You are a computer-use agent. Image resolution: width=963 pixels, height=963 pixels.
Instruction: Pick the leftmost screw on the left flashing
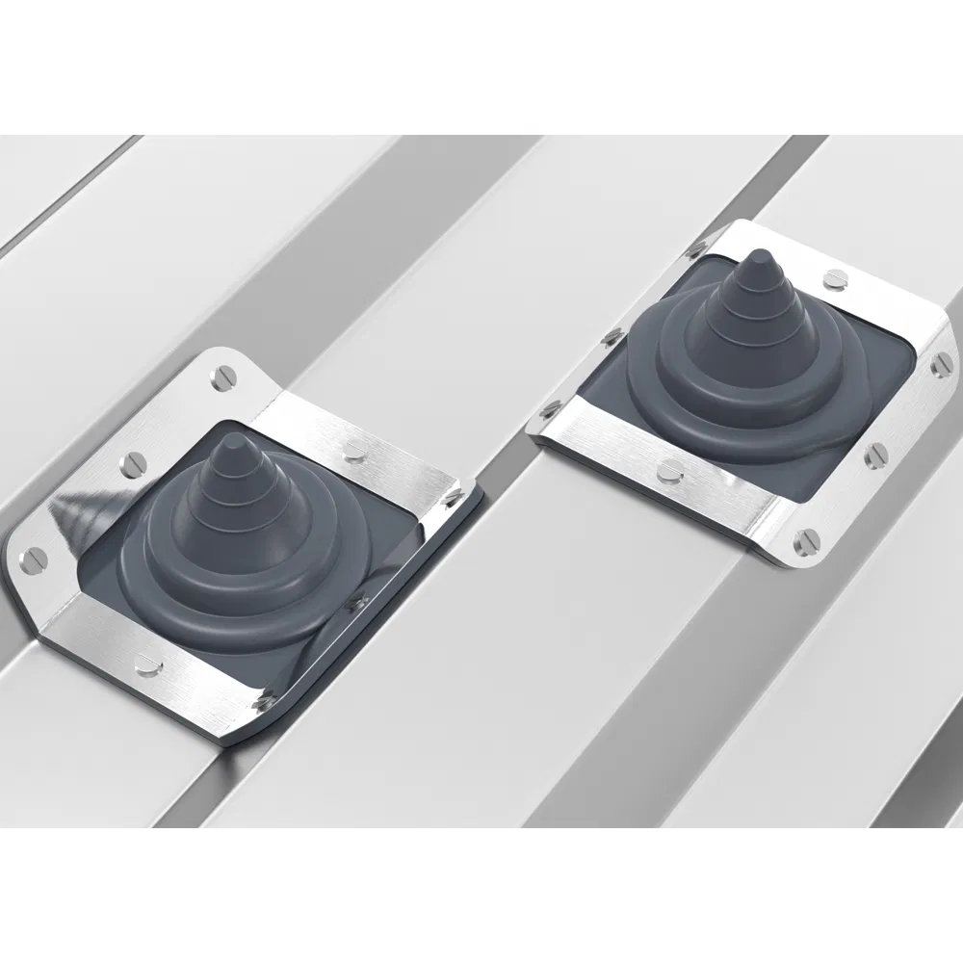click(30, 556)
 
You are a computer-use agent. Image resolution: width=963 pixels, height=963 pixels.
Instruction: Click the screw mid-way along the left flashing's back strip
click(356, 445)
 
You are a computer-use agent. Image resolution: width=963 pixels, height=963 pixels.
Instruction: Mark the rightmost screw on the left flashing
click(454, 497)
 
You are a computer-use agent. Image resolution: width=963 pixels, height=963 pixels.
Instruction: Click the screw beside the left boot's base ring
click(360, 601)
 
